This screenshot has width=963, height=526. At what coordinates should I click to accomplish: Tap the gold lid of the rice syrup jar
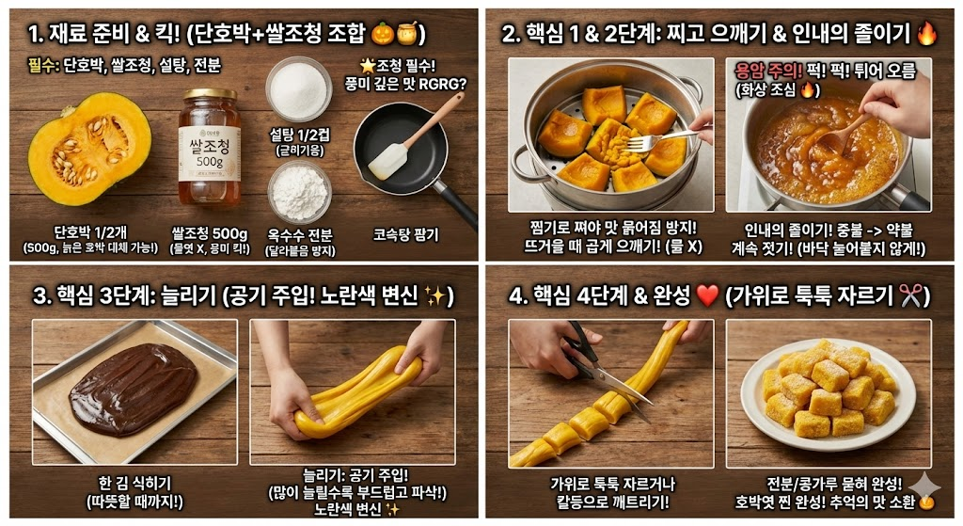[x=210, y=96]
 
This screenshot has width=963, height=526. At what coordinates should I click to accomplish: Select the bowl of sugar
[x=298, y=89]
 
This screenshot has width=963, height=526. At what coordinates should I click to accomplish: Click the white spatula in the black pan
[x=387, y=160]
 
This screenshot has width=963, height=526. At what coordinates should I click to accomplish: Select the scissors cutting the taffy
[x=592, y=362]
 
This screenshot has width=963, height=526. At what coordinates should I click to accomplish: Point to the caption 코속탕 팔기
[x=405, y=235]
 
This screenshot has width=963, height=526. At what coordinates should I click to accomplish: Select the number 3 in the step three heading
[x=39, y=296]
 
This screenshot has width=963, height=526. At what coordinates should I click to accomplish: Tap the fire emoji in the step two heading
[x=926, y=35]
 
